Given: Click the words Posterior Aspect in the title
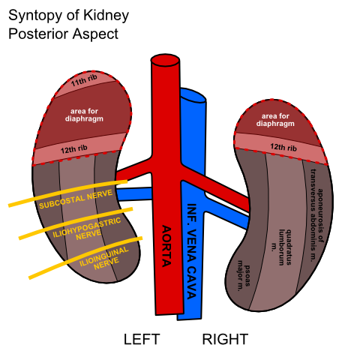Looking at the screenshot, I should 63,34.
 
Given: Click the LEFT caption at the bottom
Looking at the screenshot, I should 142,340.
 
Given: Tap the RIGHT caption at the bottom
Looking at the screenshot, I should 225,340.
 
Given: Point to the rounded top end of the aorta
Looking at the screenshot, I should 165,58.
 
